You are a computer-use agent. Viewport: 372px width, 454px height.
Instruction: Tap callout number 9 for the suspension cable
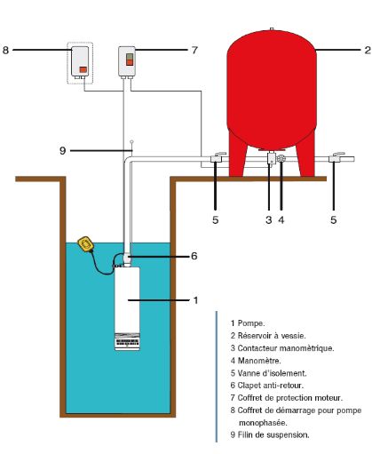63,151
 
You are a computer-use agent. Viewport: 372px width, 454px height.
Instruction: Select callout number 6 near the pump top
194,256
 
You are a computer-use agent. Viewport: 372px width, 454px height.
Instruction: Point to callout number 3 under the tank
267,218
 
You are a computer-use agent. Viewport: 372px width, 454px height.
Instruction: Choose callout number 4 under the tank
281,218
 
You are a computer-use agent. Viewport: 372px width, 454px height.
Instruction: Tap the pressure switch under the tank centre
267,160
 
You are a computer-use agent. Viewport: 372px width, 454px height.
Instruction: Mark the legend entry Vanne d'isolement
267,373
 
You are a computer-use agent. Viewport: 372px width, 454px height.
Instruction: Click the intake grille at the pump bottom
128,339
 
